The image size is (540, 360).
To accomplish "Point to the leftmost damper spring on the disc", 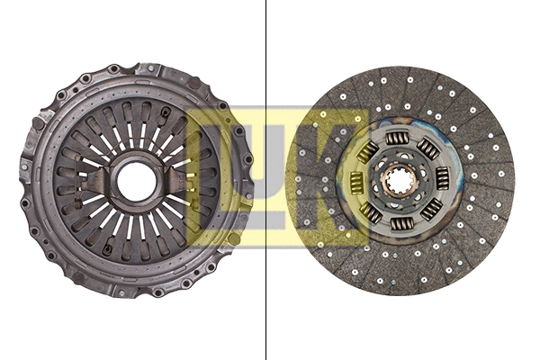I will coord(355,183).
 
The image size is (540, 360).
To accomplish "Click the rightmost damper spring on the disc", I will coord(443,177).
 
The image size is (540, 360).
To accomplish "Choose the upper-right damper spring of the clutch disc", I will coord(429,148).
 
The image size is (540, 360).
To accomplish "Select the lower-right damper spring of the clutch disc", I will coord(431,208).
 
